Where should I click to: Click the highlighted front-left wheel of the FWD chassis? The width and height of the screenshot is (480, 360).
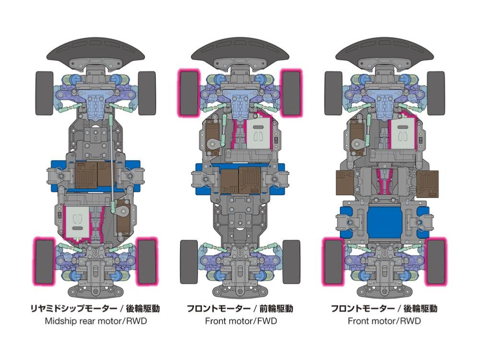tap(189, 93)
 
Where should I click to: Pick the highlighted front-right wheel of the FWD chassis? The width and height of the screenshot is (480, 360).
tap(291, 93)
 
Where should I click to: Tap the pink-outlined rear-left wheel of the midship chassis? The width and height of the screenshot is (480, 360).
tap(44, 262)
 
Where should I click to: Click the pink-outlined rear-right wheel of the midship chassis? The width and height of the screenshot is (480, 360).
tap(147, 262)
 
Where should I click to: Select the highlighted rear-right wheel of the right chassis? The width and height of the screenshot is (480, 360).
tap(436, 262)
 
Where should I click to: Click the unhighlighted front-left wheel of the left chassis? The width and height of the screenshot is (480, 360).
tap(44, 93)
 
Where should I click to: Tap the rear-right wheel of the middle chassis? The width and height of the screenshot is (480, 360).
tap(291, 262)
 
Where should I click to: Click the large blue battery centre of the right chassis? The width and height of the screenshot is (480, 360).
tap(384, 222)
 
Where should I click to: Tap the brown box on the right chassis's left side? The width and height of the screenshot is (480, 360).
tap(345, 183)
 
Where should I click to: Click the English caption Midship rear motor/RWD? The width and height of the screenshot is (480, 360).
tap(96, 321)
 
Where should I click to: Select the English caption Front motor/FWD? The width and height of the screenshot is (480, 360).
tap(241, 321)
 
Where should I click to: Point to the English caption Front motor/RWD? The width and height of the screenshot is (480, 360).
tap(384, 321)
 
